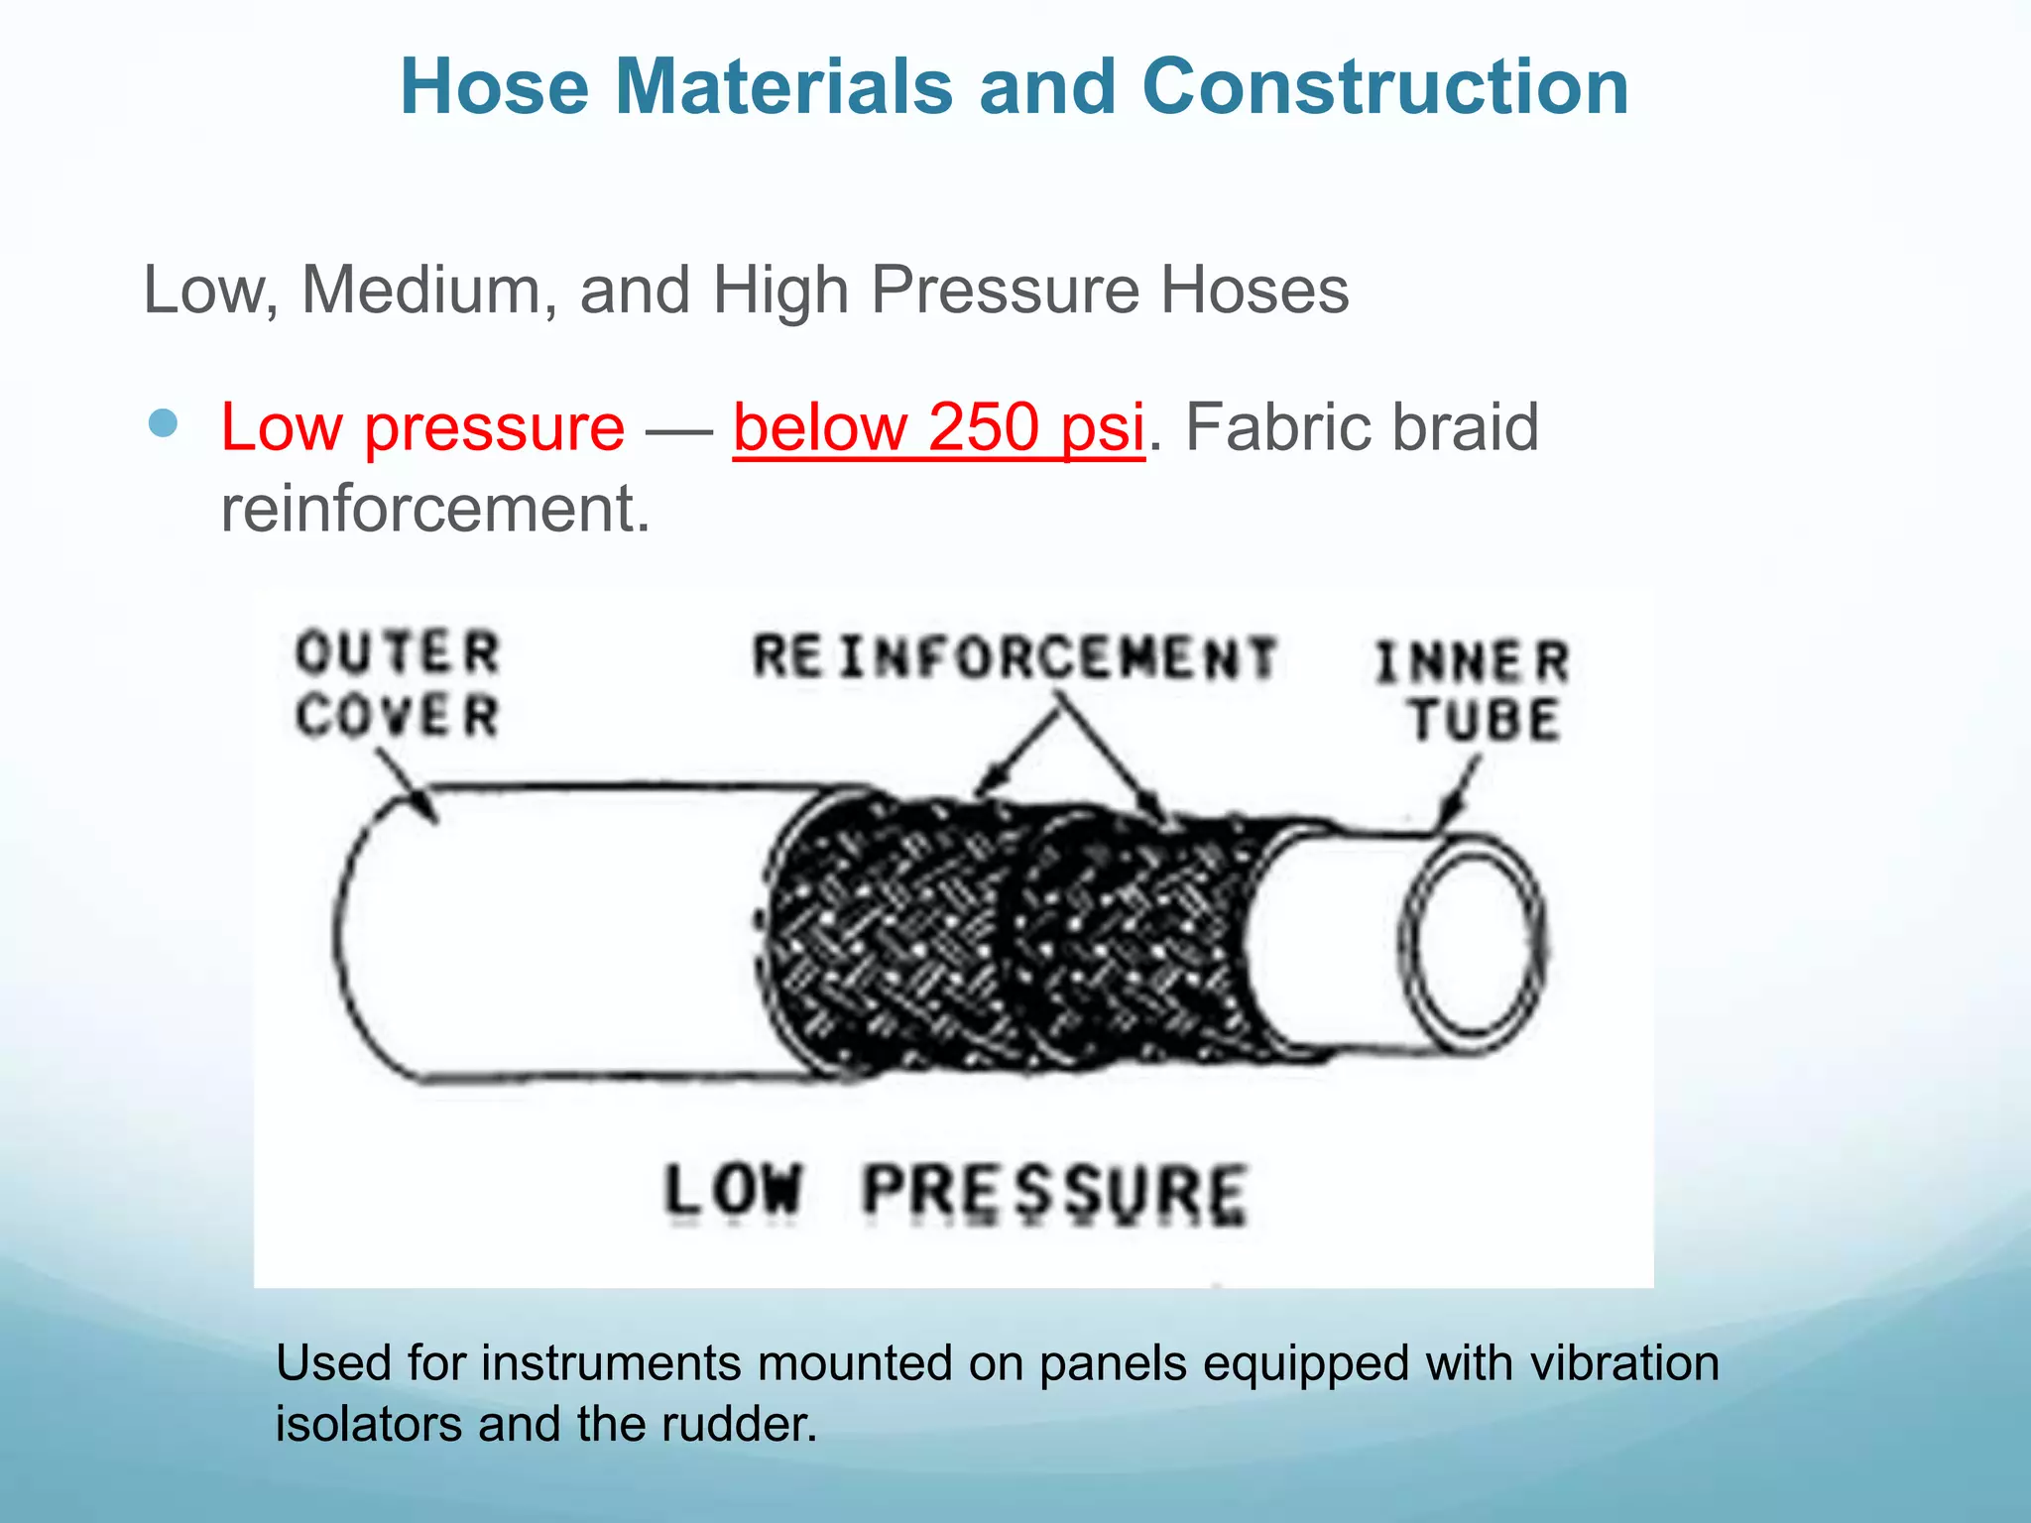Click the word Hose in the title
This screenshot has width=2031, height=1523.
pyautogui.click(x=494, y=87)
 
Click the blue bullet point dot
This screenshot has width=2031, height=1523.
pyautogui.click(x=163, y=424)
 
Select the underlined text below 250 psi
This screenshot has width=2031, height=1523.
pyautogui.click(x=938, y=428)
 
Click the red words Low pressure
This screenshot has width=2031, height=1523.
pyautogui.click(x=422, y=428)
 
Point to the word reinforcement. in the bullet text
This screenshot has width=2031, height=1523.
pyautogui.click(x=434, y=509)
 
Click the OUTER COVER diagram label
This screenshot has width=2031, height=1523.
pyautogui.click(x=398, y=684)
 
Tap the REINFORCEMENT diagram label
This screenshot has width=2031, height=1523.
pyautogui.click(x=1014, y=657)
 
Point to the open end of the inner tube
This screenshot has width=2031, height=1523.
pyautogui.click(x=1472, y=944)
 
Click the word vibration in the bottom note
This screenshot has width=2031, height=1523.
pyautogui.click(x=1623, y=1362)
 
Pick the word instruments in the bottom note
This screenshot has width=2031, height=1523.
pyautogui.click(x=611, y=1362)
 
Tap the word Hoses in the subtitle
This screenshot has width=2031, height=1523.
pyautogui.click(x=1254, y=291)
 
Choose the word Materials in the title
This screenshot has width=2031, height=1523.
pyautogui.click(x=783, y=87)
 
